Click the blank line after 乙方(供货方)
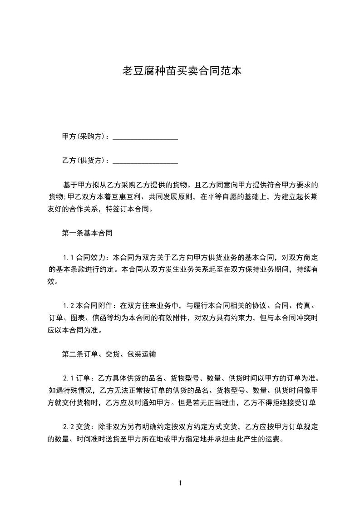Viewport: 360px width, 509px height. pyautogui.click(x=145, y=161)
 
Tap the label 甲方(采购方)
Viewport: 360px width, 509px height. pyautogui.click(x=85, y=137)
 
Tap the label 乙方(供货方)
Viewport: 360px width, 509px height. pyautogui.click(x=85, y=161)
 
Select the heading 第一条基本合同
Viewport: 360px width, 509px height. pyautogui.click(x=87, y=234)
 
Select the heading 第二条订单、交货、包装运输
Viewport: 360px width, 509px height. pyautogui.click(x=109, y=354)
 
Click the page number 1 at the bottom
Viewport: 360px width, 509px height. pyautogui.click(x=181, y=483)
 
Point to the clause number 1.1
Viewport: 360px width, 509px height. pyautogui.click(x=68, y=258)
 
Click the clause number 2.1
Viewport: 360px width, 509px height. pyautogui.click(x=68, y=378)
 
